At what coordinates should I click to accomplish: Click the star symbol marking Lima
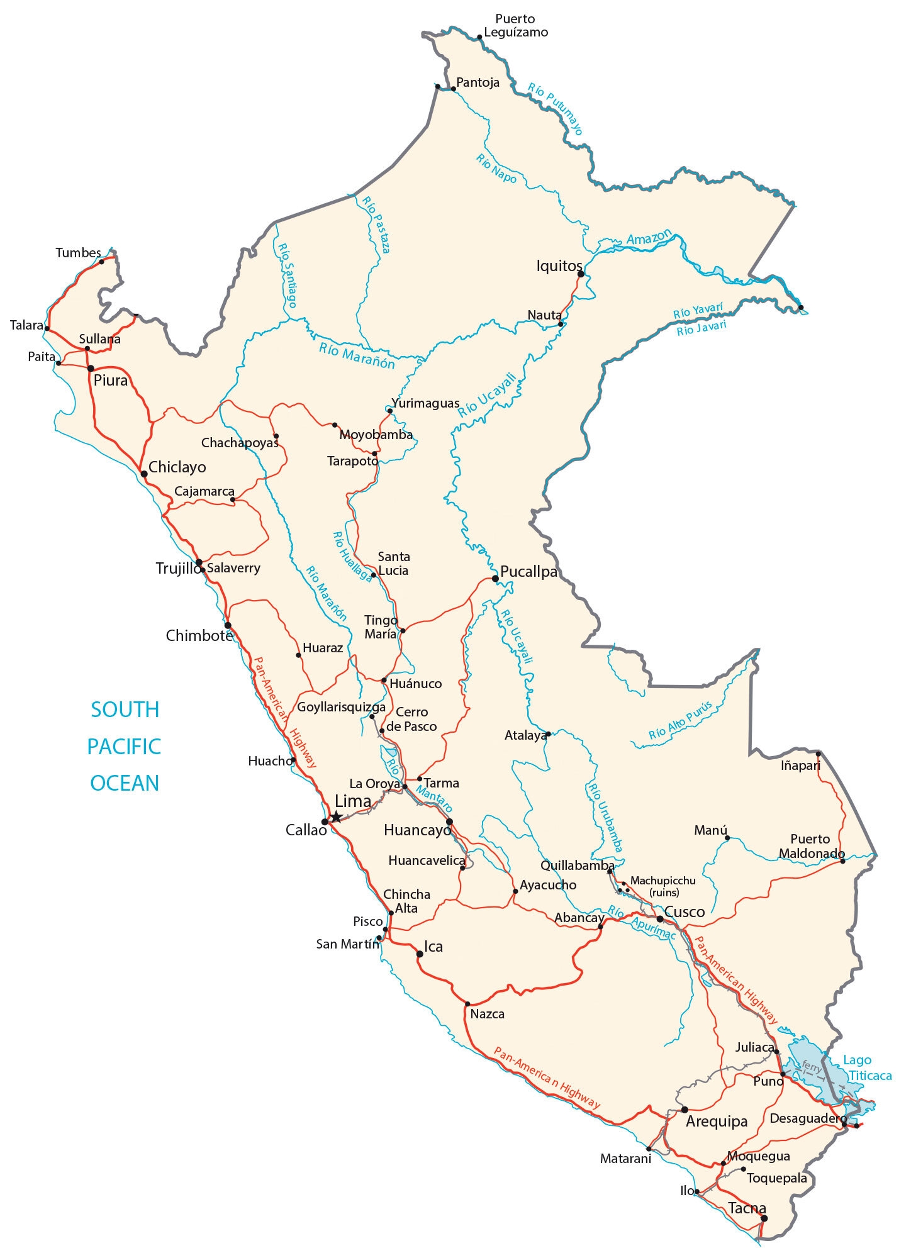336,816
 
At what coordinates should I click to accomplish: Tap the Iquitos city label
558,266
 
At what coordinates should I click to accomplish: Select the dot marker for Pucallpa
495,578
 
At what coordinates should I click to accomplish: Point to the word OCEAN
125,783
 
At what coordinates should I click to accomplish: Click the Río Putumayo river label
556,109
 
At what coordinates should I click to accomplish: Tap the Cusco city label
685,911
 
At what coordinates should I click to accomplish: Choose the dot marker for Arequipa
685,1110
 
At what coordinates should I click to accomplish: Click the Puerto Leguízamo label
515,26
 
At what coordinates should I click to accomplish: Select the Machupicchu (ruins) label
663,886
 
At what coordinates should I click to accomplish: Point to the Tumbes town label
78,253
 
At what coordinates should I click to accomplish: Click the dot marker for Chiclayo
144,474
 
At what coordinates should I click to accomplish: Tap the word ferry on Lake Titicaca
812,1067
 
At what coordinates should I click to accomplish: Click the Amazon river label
649,237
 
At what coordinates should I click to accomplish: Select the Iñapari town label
800,765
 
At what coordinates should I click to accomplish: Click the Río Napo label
496,169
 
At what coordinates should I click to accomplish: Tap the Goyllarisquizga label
341,707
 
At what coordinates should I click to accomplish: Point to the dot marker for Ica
420,954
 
